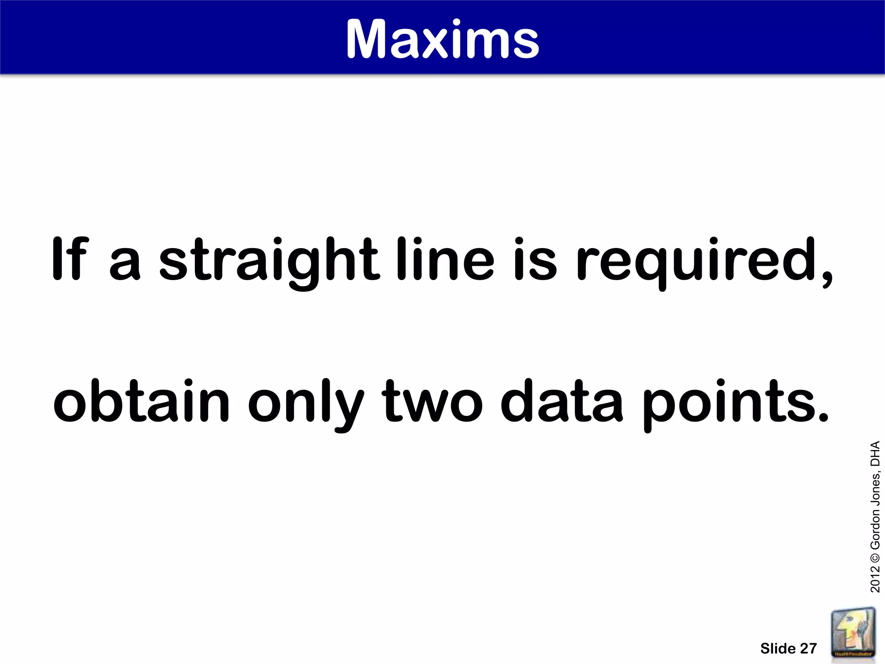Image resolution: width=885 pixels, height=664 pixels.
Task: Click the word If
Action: pyautogui.click(x=69, y=259)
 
